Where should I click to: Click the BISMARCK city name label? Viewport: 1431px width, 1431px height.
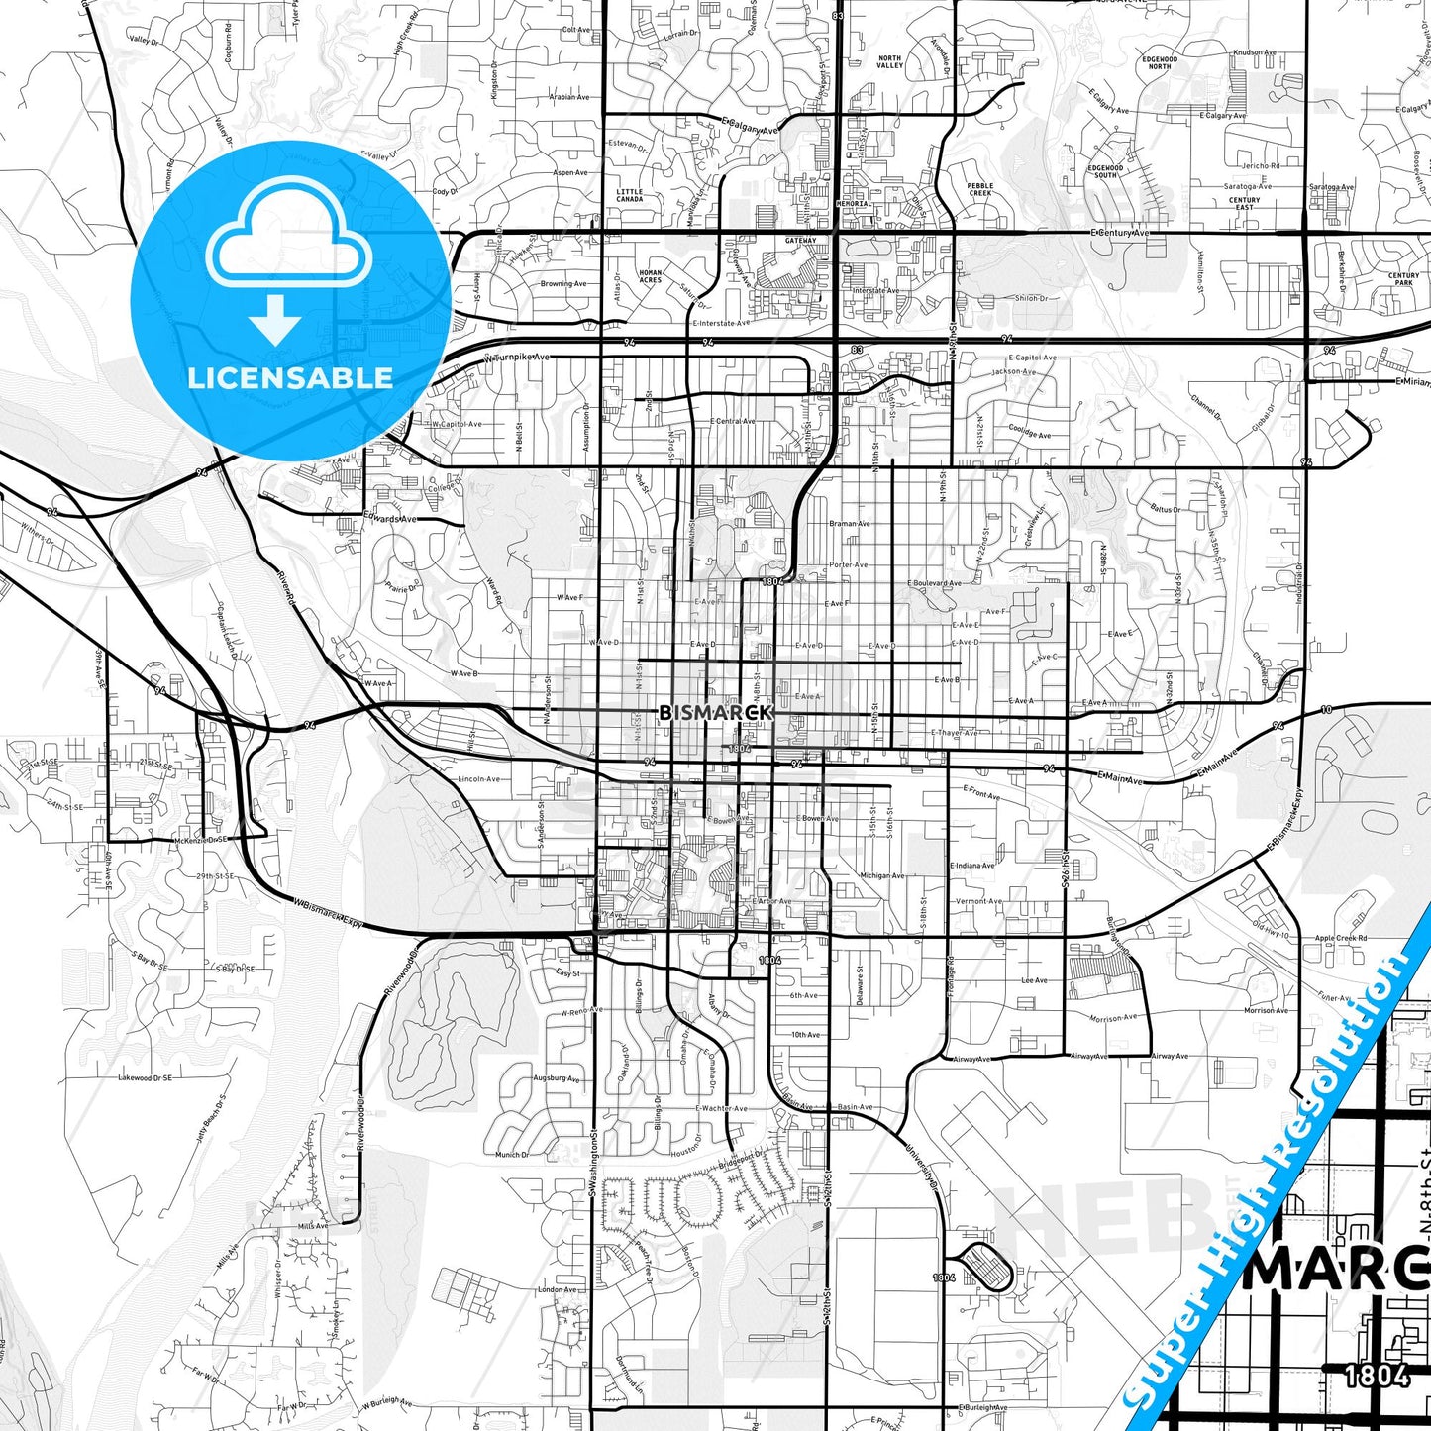(715, 712)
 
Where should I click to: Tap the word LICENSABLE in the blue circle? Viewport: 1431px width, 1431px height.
(290, 377)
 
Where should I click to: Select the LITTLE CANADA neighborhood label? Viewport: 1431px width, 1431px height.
(630, 195)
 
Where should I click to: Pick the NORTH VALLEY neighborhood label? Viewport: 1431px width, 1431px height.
(889, 62)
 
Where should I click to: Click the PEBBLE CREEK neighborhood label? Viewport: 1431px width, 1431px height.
(980, 189)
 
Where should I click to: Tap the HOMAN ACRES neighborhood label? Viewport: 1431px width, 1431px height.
(651, 276)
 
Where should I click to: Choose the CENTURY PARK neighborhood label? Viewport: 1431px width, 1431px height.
(1403, 279)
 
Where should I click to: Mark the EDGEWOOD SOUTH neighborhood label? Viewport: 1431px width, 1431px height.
(1105, 171)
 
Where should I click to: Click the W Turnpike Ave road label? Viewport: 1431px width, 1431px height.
(516, 357)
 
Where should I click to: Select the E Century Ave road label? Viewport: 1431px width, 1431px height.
(1120, 232)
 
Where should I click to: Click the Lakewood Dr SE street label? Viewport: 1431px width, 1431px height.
(146, 1077)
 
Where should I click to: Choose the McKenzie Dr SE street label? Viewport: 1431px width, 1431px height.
(201, 839)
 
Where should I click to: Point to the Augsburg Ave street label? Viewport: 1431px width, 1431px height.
(557, 1077)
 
